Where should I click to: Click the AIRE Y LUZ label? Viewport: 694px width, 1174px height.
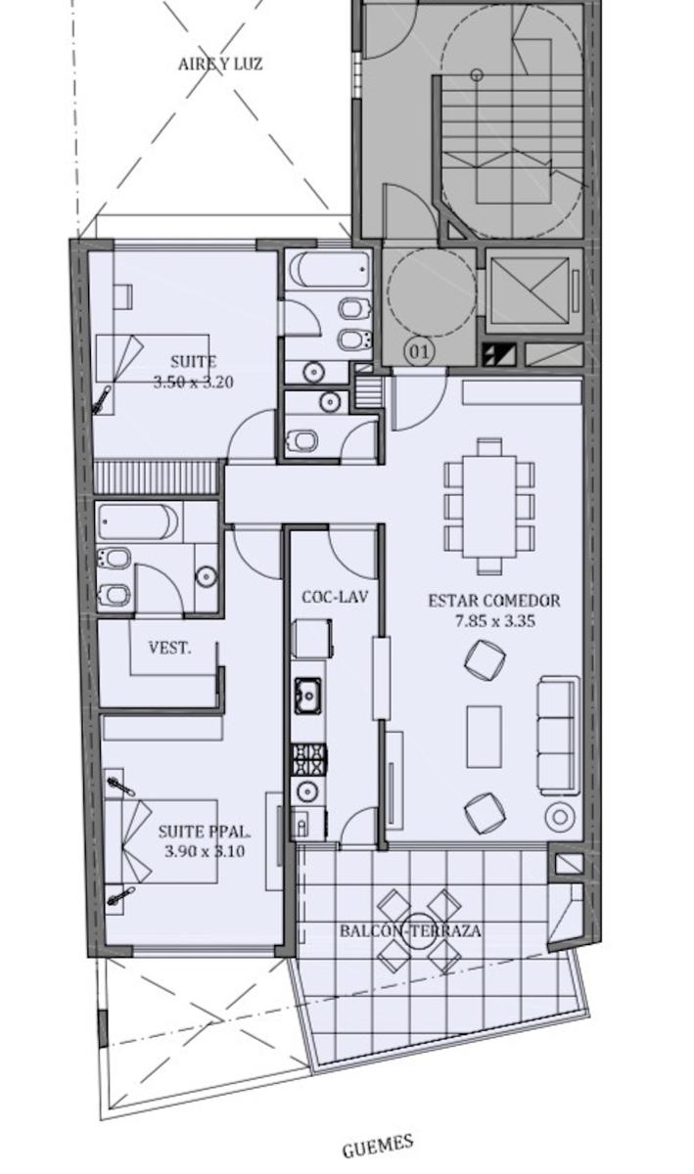220,64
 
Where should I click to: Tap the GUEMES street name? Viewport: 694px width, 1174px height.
378,1146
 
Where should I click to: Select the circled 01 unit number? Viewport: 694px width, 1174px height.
419,351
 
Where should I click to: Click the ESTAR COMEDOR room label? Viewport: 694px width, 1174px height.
494,601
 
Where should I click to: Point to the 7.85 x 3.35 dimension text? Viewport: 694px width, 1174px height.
494,621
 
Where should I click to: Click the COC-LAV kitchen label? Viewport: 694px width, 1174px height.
335,597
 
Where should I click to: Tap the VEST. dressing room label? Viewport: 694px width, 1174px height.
170,648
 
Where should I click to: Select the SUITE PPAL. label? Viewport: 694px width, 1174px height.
204,832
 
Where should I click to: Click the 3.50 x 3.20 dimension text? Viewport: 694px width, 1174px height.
194,383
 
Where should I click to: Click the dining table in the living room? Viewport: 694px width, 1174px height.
489,507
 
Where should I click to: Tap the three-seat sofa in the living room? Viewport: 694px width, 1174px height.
559,736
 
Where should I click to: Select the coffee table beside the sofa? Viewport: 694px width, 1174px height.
484,737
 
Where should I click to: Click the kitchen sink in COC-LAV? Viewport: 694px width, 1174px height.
308,696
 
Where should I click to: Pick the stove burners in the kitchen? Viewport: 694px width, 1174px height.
309,759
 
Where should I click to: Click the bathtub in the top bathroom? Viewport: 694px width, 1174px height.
330,269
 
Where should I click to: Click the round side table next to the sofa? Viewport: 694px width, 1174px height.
560,816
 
